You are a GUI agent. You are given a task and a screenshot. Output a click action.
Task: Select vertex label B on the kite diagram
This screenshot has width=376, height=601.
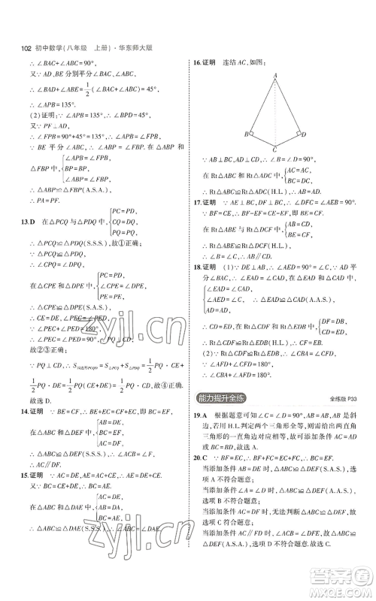pos(244,134)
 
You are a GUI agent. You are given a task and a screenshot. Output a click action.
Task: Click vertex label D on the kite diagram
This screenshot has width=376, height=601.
pos(304,134)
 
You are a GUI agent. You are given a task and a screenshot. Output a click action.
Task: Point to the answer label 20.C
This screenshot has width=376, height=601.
pos(200,476)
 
